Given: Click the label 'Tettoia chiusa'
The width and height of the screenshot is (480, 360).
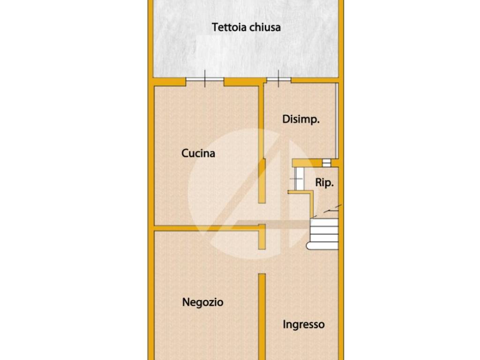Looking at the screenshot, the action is pos(246,27).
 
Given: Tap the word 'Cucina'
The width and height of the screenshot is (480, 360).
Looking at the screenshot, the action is pos(198,153).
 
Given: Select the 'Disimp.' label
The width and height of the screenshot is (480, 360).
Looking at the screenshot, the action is pos(301,119).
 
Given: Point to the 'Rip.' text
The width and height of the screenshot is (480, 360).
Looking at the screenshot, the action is pos(324,183).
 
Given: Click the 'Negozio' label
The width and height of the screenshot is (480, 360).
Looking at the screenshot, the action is pos(202,302).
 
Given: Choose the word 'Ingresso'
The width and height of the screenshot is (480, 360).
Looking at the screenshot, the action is pos(304,324).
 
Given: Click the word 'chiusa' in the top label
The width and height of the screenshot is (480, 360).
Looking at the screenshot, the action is pos(265,27).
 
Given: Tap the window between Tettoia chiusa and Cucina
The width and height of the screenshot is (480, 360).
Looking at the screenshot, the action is pos(205,79).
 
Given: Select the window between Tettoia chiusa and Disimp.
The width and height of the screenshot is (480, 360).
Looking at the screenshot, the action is pos(278,79).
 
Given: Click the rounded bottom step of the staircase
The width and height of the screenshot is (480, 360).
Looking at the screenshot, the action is pos(322,246).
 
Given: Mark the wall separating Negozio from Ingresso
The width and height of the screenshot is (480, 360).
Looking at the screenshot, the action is pos(262,316).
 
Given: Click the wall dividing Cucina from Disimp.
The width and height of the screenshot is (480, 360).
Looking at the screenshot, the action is pos(262,142).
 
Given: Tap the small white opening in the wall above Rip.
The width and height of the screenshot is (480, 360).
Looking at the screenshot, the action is pos(327,163).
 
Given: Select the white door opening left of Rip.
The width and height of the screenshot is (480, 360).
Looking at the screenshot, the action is pos(298,179).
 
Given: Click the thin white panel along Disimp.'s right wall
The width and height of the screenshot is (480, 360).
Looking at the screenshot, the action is pos(337,120).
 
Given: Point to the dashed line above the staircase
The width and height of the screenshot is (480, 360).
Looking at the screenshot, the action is pos(327,210).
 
